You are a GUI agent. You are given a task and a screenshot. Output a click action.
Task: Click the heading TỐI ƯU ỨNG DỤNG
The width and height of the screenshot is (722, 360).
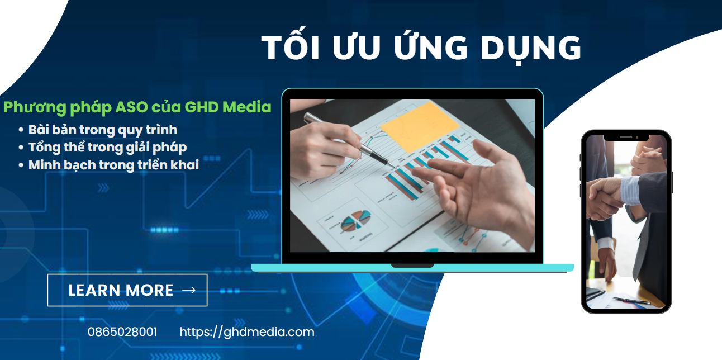point(421,48)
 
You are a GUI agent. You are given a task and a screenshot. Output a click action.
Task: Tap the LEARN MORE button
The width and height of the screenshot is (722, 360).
point(127,290)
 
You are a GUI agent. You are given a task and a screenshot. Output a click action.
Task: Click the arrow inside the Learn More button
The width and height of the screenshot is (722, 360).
point(189,290)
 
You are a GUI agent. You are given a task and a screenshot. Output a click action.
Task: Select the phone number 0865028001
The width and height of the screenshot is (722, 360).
point(122,332)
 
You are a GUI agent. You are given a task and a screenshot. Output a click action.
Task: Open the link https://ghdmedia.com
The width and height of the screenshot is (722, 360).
point(247,332)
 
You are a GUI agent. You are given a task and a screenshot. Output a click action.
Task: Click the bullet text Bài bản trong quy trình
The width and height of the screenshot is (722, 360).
point(102,130)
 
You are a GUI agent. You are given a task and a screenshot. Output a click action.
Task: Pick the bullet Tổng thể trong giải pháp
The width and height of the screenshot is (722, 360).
point(107,148)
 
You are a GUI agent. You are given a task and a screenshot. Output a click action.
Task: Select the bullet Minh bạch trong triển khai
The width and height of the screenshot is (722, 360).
point(113,165)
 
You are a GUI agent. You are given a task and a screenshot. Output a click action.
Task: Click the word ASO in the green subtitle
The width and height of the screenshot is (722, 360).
point(161,107)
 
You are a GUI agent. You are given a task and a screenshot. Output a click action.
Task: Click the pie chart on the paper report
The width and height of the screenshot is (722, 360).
point(355,220)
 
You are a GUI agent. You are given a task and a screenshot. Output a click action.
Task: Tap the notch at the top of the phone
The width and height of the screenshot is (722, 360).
point(626,136)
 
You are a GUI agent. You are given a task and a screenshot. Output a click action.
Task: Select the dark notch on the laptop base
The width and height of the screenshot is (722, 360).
point(412,265)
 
